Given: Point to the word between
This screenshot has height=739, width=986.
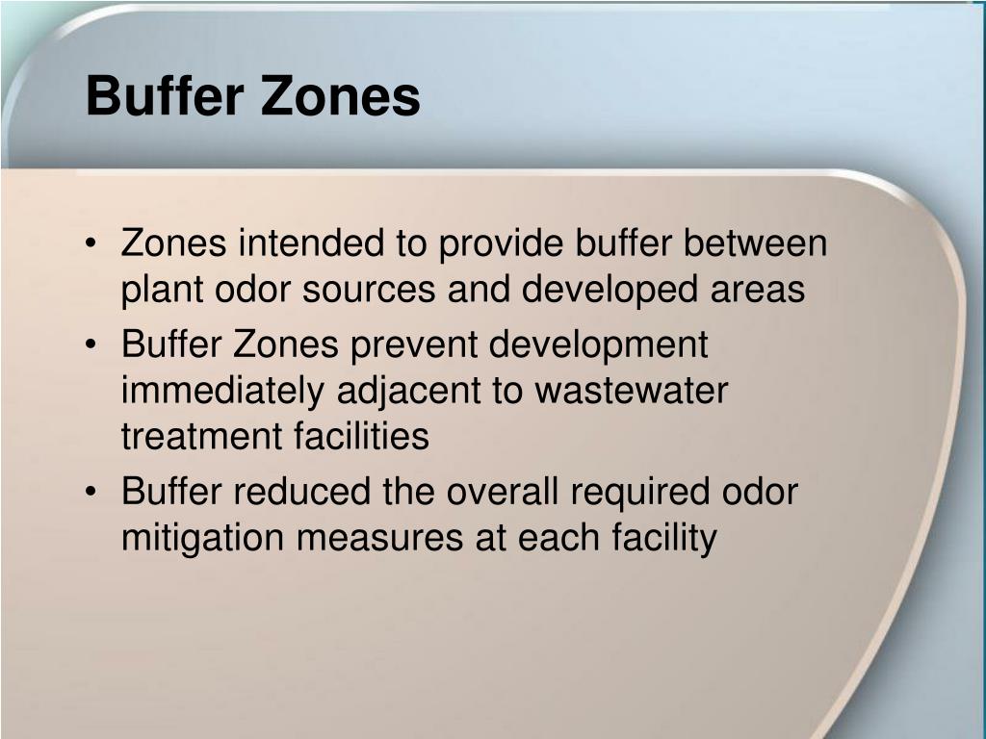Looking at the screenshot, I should point(756,243).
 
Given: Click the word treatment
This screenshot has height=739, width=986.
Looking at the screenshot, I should point(198,437).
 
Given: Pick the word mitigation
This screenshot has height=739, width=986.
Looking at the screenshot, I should point(203,539).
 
